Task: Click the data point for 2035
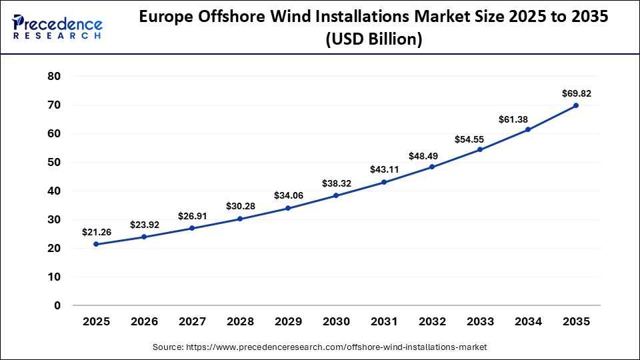(576, 105)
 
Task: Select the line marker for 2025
(96, 244)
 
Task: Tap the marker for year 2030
(336, 195)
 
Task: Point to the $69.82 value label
(576, 93)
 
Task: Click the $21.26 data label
(96, 232)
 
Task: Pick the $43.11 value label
(384, 169)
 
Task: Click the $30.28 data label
(240, 206)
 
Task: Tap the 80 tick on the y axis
(54, 76)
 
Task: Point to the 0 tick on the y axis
(57, 305)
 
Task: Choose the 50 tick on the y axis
(54, 162)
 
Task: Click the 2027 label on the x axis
(192, 322)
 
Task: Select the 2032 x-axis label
(432, 322)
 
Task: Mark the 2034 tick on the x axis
(528, 322)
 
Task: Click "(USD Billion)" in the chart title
(373, 39)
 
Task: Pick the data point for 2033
(480, 149)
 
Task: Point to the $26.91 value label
(192, 216)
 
